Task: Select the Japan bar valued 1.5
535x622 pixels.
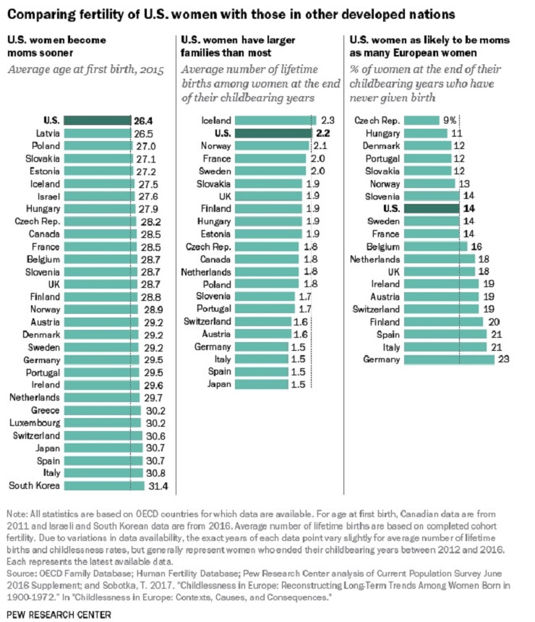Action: [261, 384]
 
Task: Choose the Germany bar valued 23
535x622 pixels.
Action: [448, 359]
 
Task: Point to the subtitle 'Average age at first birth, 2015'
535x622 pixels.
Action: [85, 71]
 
